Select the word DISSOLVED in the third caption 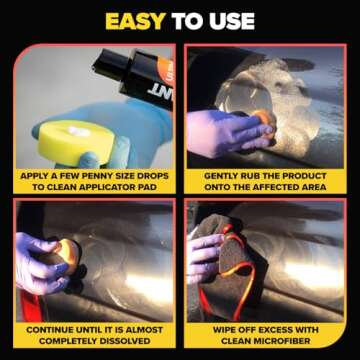124,339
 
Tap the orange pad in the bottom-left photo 66,250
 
